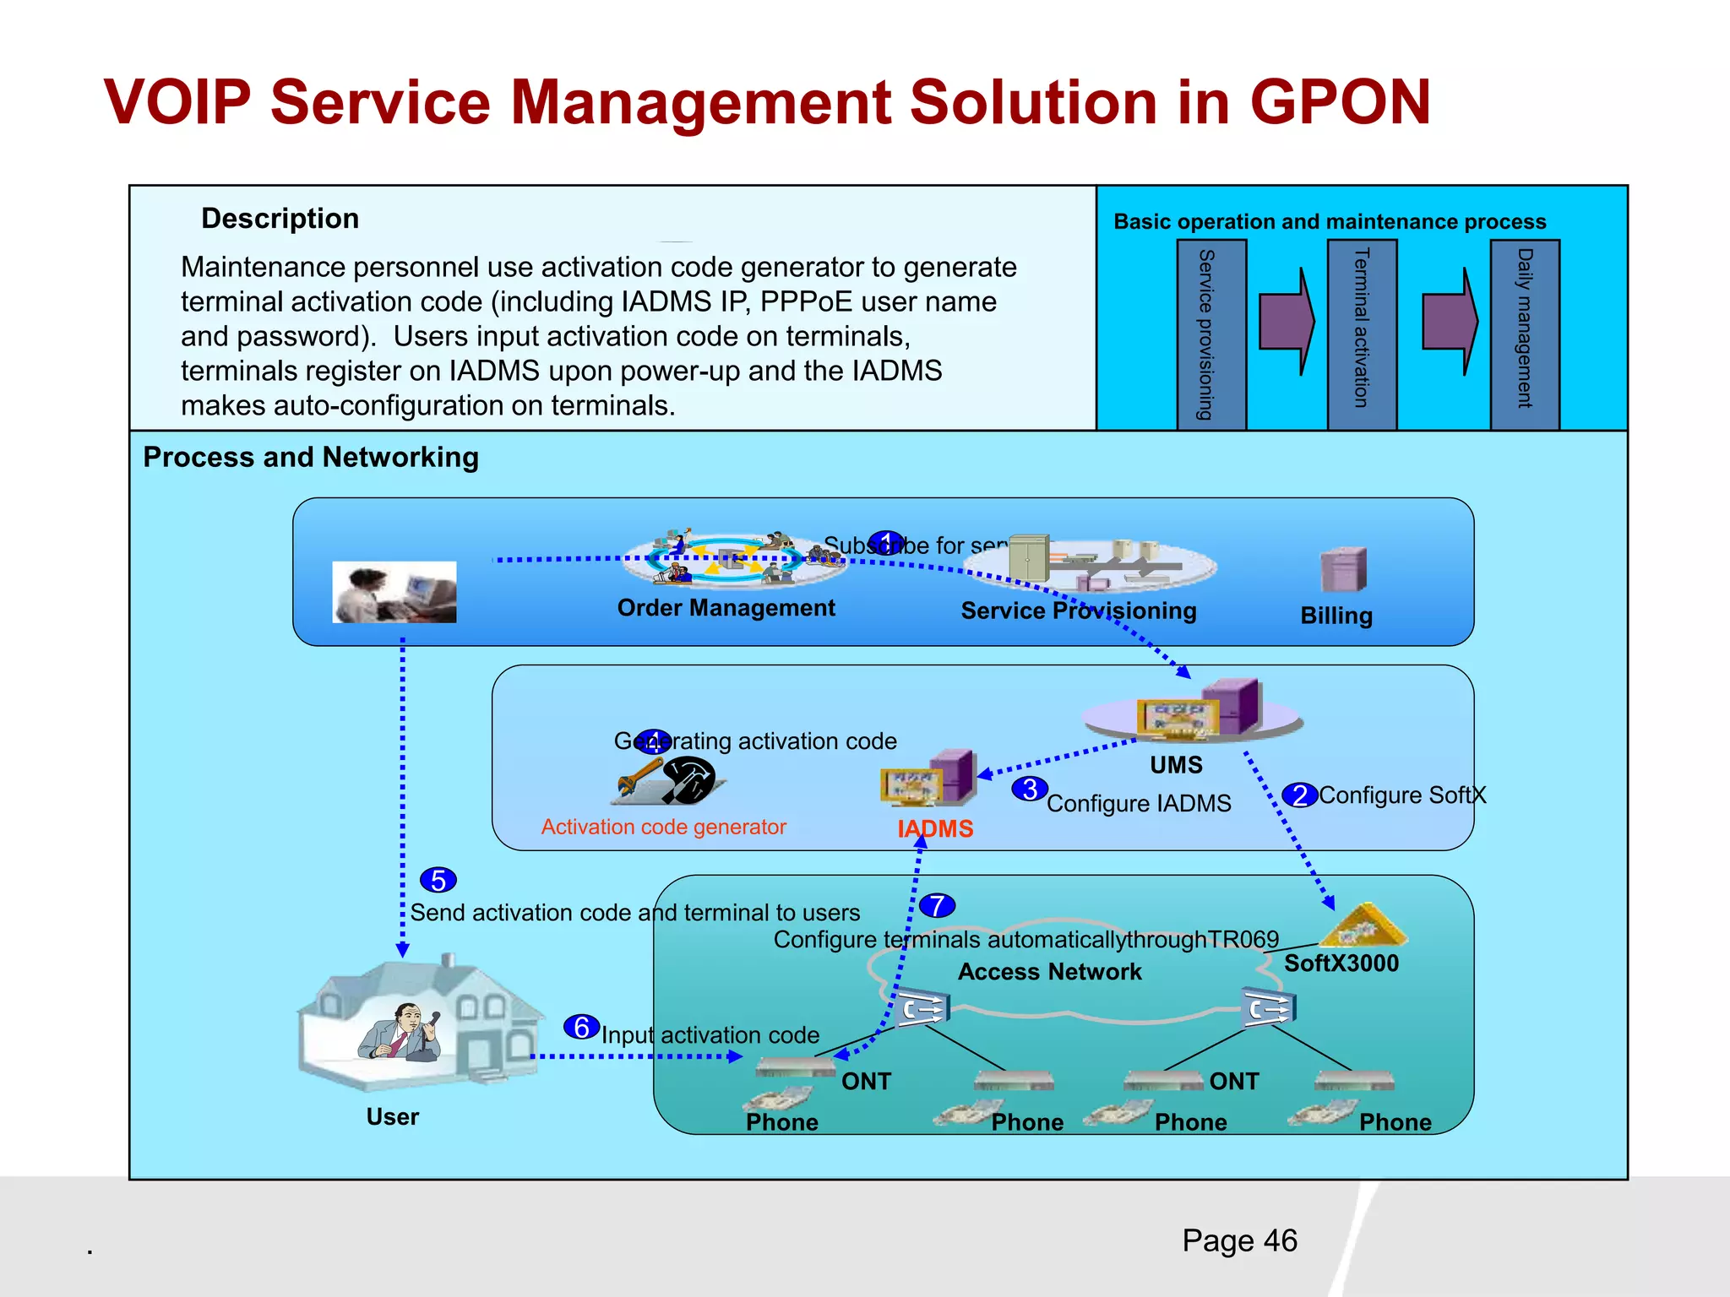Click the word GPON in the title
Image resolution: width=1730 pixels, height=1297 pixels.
1340,102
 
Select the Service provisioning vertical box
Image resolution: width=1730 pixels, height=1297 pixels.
1210,334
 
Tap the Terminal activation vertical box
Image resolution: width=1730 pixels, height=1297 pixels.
1361,334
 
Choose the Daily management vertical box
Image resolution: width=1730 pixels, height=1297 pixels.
1524,334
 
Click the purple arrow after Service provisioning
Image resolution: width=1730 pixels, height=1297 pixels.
1287,322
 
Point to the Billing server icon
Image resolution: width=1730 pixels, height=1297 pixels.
1343,570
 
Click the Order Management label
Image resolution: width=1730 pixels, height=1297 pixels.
726,608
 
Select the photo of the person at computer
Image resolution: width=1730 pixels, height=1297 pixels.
394,592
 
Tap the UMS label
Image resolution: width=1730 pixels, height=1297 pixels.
1176,765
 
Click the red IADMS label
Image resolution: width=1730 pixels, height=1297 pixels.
935,829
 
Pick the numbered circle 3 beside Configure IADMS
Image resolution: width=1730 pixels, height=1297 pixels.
1030,790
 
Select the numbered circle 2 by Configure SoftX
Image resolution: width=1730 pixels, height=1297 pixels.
1300,795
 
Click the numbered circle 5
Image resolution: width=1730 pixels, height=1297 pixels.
438,880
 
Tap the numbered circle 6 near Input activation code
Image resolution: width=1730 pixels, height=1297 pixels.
581,1028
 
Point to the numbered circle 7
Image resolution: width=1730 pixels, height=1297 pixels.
937,906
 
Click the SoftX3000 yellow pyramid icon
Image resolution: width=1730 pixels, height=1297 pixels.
1362,926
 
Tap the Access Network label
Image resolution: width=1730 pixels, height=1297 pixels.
1049,972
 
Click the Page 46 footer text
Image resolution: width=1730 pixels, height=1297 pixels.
1239,1240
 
